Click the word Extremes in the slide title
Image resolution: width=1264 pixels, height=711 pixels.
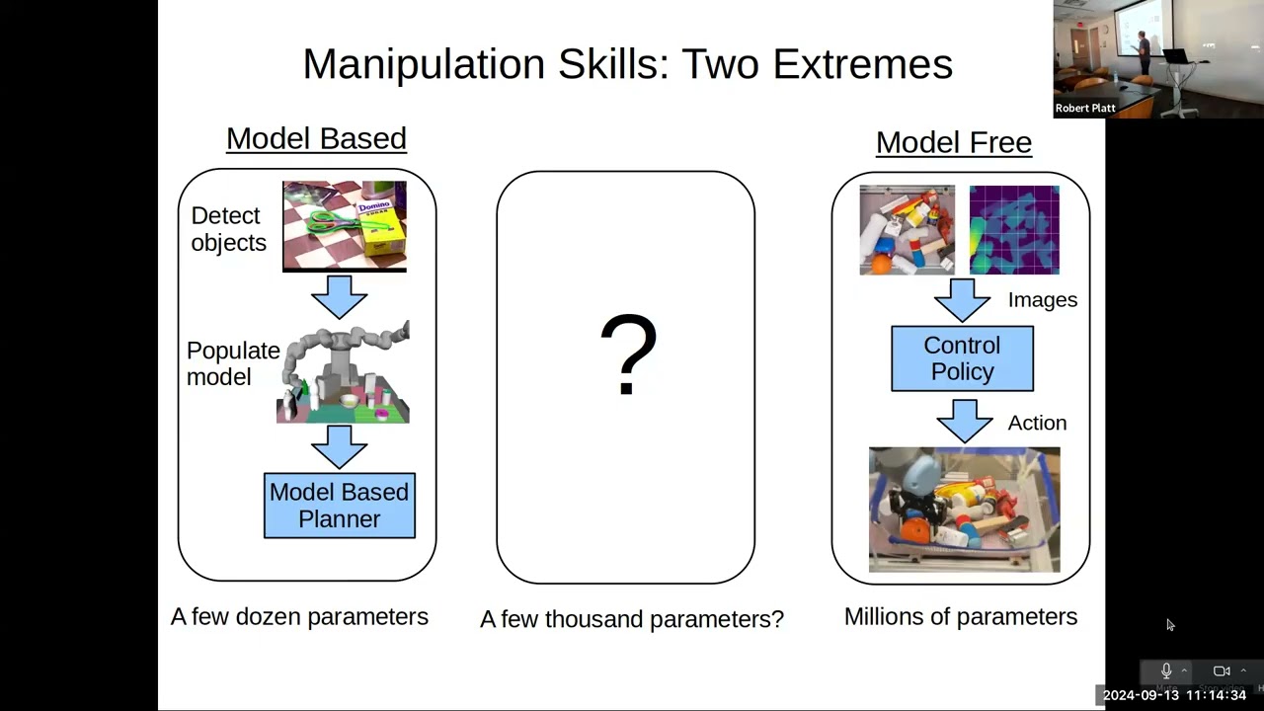point(862,64)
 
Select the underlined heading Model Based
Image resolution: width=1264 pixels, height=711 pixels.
point(316,138)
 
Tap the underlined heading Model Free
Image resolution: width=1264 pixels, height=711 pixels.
point(953,142)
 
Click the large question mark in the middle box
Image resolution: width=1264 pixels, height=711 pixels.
point(628,355)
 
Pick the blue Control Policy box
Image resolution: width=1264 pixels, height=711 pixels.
point(962,358)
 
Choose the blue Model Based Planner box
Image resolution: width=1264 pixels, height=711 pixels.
point(339,506)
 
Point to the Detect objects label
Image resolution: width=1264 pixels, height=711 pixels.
point(228,229)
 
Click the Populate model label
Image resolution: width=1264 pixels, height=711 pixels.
point(233,363)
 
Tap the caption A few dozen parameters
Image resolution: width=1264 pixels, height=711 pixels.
point(299,616)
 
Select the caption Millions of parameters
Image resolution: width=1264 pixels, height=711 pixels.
point(960,616)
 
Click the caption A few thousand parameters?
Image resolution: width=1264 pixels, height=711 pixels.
point(631,619)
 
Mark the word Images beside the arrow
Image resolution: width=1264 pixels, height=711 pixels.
point(1042,300)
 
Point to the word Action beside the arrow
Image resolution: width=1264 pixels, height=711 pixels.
point(1037,423)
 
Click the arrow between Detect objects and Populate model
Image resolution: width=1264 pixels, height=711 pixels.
point(339,296)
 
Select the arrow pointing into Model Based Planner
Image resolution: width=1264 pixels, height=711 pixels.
point(339,446)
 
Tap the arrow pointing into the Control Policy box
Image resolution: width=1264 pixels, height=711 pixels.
point(962,300)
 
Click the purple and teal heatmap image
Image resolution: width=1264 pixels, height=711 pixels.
point(1014,229)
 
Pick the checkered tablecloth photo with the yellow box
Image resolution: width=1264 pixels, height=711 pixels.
point(344,225)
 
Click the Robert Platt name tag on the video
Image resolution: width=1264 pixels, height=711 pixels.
point(1085,109)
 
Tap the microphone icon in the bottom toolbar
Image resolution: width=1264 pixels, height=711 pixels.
point(1166,671)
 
